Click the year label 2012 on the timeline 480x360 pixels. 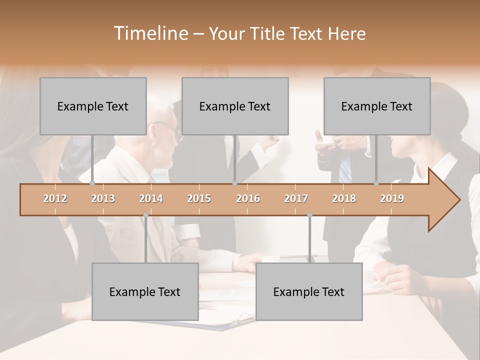(55, 198)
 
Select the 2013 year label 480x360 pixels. (103, 198)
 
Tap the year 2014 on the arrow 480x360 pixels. (151, 198)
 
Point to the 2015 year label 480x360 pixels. (199, 198)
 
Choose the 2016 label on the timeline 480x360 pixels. (248, 198)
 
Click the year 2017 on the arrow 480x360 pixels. (296, 198)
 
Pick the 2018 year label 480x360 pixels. (344, 198)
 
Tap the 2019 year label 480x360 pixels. (392, 198)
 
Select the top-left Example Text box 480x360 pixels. (93, 106)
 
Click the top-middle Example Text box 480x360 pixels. (235, 106)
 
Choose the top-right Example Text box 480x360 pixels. (377, 106)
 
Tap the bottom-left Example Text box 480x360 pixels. (145, 291)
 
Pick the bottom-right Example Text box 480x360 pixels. (309, 291)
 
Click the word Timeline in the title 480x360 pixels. (150, 33)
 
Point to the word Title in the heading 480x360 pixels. (269, 33)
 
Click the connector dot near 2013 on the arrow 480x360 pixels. (92, 183)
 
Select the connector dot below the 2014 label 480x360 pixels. (145, 215)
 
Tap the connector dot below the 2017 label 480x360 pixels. (309, 215)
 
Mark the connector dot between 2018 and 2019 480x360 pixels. (376, 183)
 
